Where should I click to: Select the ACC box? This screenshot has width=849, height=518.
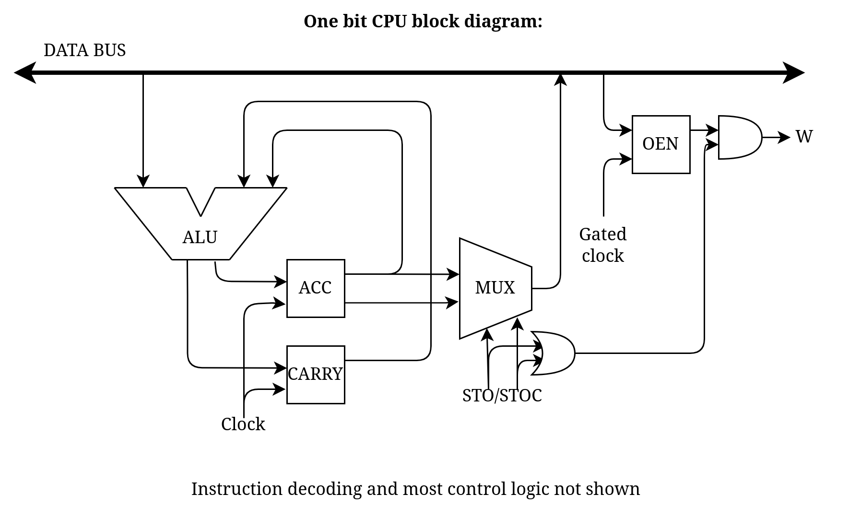(x=315, y=288)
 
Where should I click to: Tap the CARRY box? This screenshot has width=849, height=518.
(x=315, y=374)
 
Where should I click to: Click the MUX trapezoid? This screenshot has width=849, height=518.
(x=495, y=288)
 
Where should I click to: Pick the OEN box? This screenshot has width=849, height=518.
(x=660, y=144)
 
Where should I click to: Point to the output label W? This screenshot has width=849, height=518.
(x=804, y=137)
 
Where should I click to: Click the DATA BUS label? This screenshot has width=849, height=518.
(x=84, y=50)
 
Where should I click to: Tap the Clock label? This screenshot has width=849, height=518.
(x=243, y=424)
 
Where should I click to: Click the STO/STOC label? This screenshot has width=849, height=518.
(x=502, y=395)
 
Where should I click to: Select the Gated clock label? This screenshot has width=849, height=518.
(x=602, y=245)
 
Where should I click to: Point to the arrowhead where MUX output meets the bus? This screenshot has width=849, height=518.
(x=560, y=80)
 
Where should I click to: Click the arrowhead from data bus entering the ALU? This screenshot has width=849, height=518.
(x=143, y=181)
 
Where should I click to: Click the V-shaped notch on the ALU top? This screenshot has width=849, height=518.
(x=200, y=201)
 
